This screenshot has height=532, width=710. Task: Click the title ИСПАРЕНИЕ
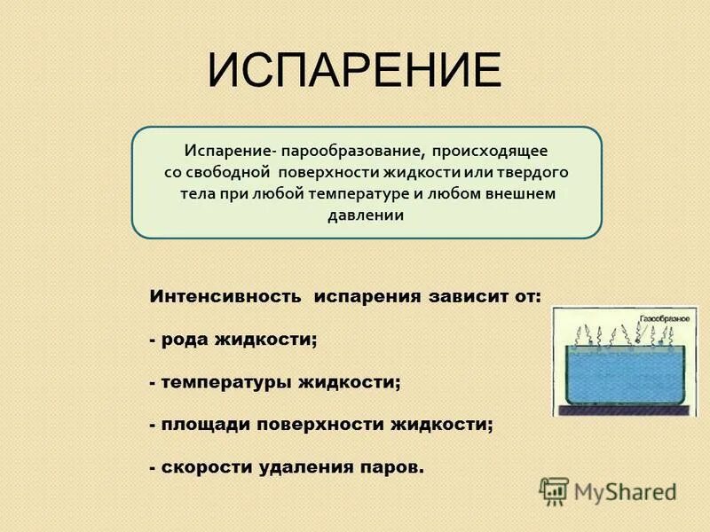(x=355, y=70)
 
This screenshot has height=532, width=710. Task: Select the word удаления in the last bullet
(x=309, y=467)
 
